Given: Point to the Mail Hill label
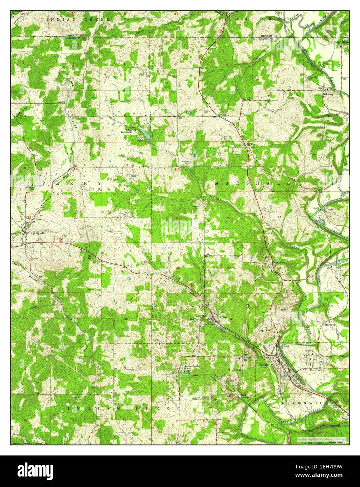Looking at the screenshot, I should [78, 399].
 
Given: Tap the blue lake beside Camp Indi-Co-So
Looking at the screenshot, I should [144, 133].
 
